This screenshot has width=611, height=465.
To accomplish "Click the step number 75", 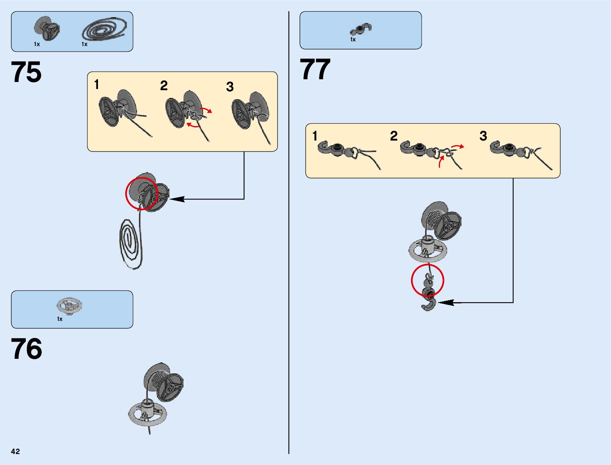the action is pyautogui.click(x=26, y=72).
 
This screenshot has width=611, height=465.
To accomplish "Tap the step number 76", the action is pyautogui.click(x=26, y=349).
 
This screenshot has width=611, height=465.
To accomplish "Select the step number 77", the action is pyautogui.click(x=315, y=70).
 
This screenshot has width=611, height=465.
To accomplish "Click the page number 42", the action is pyautogui.click(x=15, y=451).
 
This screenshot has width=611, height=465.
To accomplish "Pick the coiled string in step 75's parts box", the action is pyautogui.click(x=104, y=30).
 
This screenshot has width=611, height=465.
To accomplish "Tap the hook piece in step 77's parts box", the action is pyautogui.click(x=361, y=29).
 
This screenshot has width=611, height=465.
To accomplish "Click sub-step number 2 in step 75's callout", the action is pyautogui.click(x=164, y=86).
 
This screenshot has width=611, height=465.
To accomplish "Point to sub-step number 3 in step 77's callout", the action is pyautogui.click(x=483, y=136).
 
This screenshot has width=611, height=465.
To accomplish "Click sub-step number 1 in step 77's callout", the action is pyautogui.click(x=315, y=136).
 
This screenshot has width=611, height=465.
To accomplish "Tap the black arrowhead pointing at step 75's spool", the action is pyautogui.click(x=176, y=199).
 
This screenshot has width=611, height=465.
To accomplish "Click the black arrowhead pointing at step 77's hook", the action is pyautogui.click(x=445, y=302).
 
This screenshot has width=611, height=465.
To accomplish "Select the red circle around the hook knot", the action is pyautogui.click(x=428, y=280).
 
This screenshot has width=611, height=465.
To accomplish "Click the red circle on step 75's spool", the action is pyautogui.click(x=141, y=193).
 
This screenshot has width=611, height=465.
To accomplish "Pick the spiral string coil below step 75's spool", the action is pyautogui.click(x=130, y=244).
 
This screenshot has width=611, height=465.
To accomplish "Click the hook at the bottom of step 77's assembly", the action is pyautogui.click(x=429, y=303).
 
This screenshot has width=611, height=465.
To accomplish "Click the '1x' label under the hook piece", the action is pyautogui.click(x=353, y=39).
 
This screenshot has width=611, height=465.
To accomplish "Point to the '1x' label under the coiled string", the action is pyautogui.click(x=84, y=44).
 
